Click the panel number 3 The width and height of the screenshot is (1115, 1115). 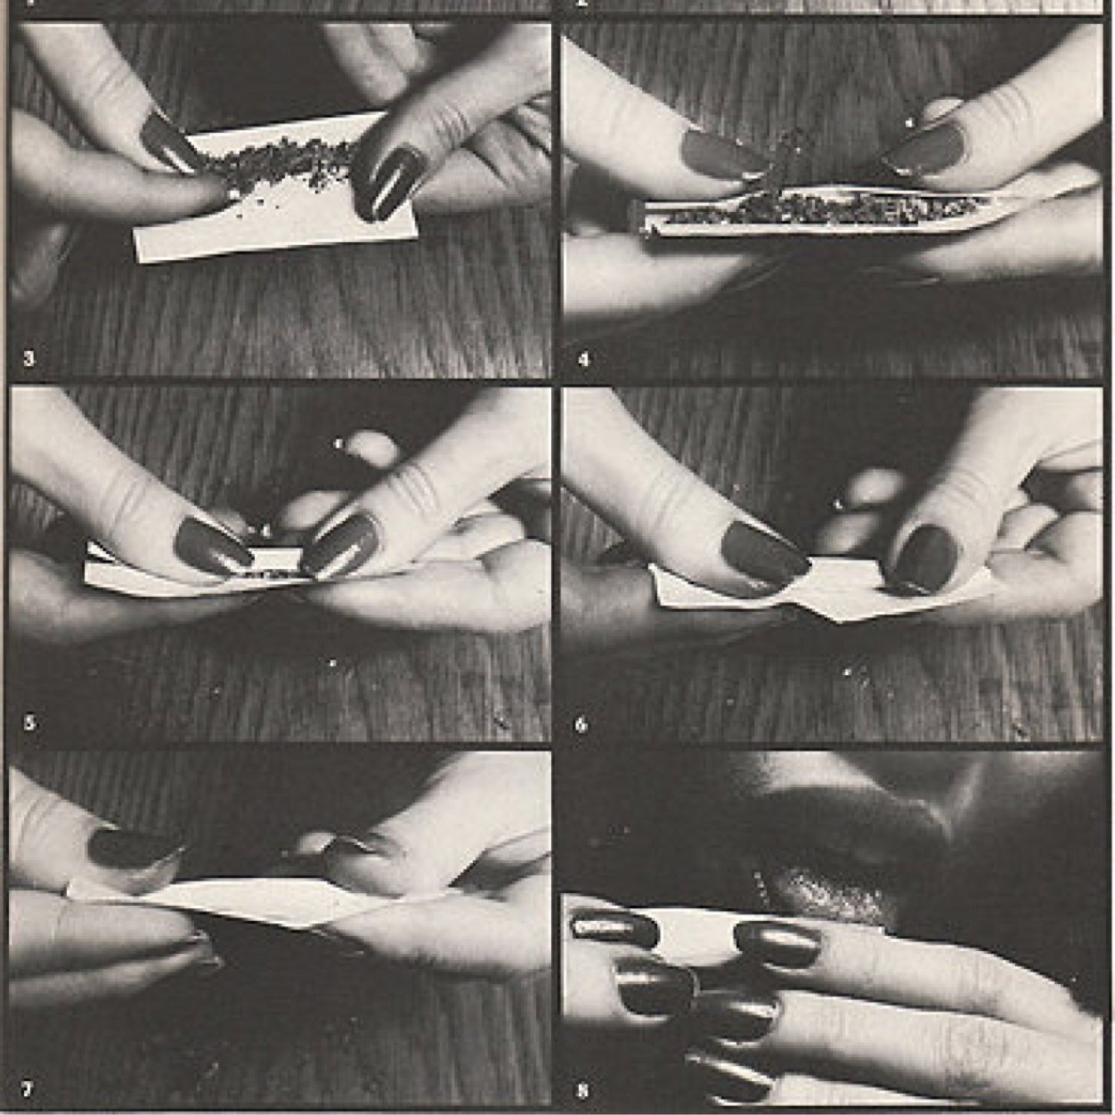(x=28, y=359)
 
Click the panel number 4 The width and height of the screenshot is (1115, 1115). (x=583, y=359)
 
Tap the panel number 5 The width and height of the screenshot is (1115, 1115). (x=28, y=722)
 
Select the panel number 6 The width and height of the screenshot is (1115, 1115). (x=582, y=724)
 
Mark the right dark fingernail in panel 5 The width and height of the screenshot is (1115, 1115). (x=340, y=544)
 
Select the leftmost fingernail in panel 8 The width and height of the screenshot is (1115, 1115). (x=614, y=926)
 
